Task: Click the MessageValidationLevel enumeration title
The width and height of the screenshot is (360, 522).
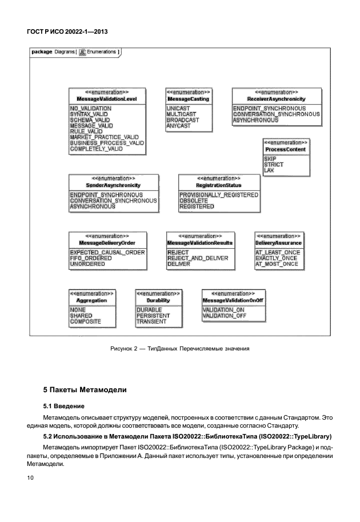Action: tap(107, 99)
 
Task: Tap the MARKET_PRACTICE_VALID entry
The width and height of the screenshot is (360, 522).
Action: tap(104, 137)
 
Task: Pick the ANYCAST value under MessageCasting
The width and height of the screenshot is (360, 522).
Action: tap(178, 126)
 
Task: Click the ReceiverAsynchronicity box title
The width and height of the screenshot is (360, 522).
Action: tap(277, 99)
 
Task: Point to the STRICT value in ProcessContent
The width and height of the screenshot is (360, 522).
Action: tap(274, 164)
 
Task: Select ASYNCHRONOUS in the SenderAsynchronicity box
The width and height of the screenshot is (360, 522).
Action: tap(93, 206)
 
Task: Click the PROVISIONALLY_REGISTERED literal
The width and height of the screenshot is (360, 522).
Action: tap(219, 195)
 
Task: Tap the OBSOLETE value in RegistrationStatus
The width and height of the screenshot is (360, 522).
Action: tap(194, 201)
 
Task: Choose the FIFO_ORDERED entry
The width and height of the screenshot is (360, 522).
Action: tap(91, 258)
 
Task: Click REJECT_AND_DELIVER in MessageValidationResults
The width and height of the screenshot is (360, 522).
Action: tap(197, 258)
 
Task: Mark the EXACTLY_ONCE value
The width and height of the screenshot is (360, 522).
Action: tap(277, 258)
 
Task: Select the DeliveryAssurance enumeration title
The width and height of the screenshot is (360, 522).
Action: tap(278, 243)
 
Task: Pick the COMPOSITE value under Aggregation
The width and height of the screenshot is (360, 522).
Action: tap(85, 322)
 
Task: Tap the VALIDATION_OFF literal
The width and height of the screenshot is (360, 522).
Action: tap(224, 316)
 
